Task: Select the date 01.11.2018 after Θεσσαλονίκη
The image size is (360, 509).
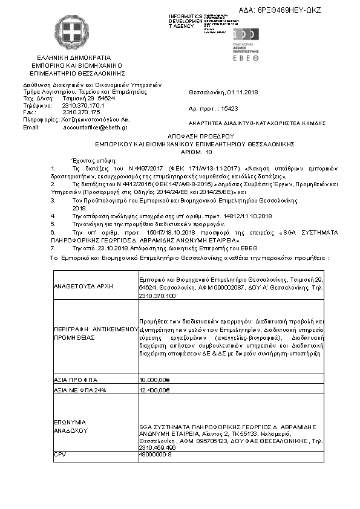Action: tap(242, 92)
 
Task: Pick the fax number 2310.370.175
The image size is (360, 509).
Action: tap(81, 112)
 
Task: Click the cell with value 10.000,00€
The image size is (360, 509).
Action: tap(155, 380)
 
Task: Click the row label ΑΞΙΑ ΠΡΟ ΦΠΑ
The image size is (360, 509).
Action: tap(73, 380)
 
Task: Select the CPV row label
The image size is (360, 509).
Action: tap(59, 453)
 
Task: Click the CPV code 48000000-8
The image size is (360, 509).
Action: tap(155, 453)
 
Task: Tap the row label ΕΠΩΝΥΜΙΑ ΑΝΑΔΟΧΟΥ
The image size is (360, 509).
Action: tap(71, 426)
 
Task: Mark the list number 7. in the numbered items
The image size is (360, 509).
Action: tap(53, 248)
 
